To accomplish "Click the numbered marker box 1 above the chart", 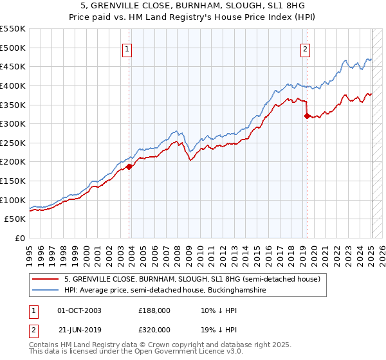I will pos(127,50).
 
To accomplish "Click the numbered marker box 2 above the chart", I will pos(304,50).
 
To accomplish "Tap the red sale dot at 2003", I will pos(129,166).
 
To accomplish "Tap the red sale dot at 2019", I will pos(306,116).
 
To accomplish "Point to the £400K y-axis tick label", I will pos(14,85).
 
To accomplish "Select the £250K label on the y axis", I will pos(14,143).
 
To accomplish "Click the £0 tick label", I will pos(21,238).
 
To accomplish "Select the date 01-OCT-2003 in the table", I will pos(79,310).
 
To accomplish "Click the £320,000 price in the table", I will pos(154,330).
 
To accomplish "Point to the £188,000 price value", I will pos(154,310).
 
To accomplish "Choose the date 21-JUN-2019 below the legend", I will pos(79,330).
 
